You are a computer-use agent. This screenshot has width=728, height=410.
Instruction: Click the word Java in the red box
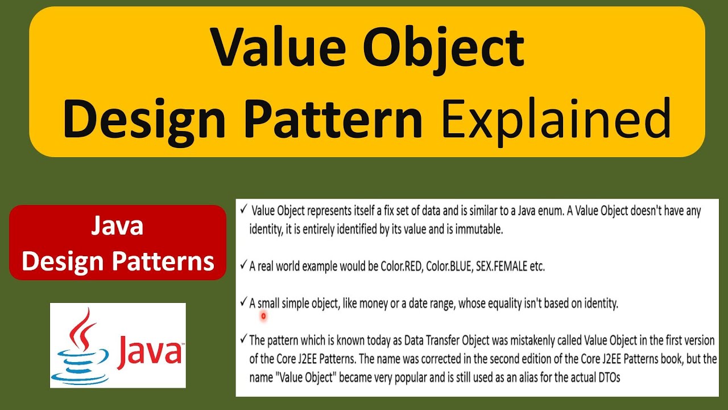point(117,227)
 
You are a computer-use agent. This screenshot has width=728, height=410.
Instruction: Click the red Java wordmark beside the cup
point(149,351)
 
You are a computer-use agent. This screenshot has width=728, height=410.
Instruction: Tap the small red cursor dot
point(263,315)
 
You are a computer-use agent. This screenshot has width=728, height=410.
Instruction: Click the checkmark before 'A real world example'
point(243,265)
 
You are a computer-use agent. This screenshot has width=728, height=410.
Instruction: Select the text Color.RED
point(401,266)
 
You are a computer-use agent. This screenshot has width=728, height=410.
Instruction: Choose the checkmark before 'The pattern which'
point(243,340)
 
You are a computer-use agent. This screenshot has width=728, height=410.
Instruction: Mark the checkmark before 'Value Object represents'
point(243,210)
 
